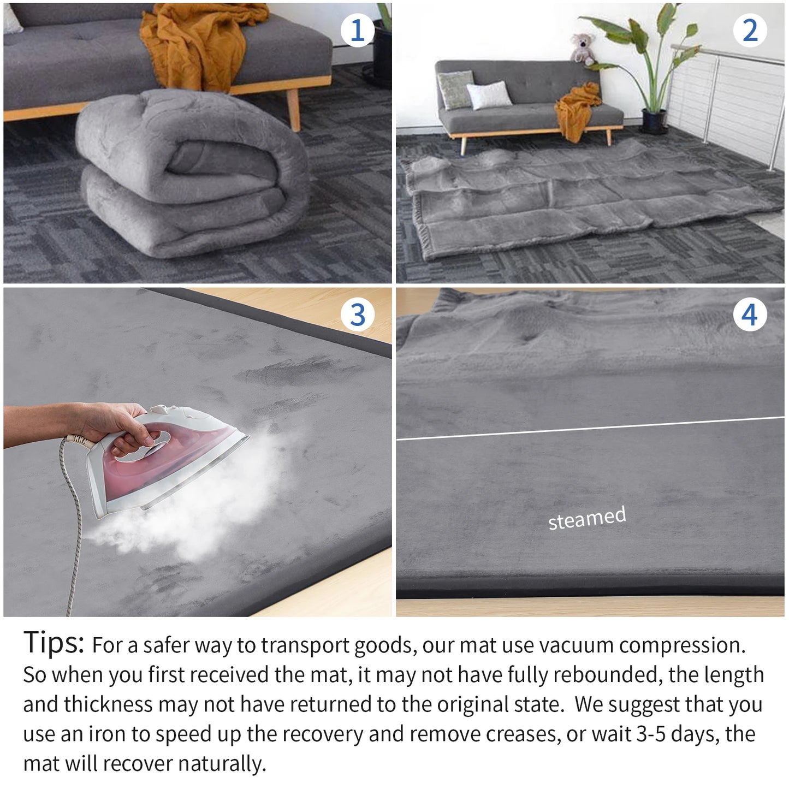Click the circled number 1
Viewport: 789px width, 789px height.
[x=357, y=30]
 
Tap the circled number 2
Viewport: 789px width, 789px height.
[x=750, y=30]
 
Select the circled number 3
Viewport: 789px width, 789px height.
[x=357, y=315]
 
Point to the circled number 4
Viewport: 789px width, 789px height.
[x=749, y=315]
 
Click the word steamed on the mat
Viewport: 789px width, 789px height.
[x=587, y=518]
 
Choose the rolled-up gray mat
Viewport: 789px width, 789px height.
[x=191, y=175]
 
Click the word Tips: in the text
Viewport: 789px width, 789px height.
[x=54, y=643]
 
